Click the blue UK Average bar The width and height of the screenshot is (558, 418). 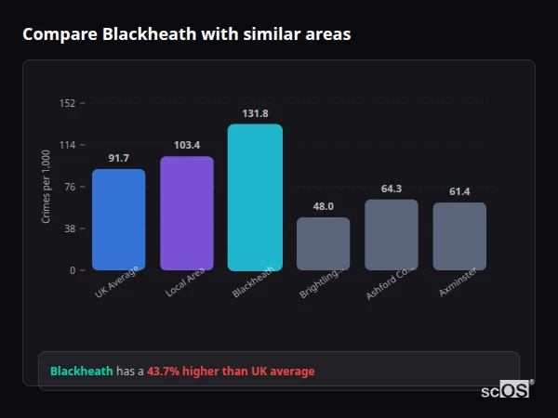[x=118, y=219]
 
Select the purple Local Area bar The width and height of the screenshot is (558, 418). [x=187, y=213]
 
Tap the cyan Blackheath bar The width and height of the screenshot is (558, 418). [x=255, y=197]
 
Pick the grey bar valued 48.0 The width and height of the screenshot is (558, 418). [x=324, y=243]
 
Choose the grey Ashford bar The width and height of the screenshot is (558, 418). [x=392, y=234]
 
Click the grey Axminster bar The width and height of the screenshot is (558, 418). [x=459, y=236]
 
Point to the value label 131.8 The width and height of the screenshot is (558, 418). [x=255, y=113]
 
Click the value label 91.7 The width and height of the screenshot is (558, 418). [x=118, y=158]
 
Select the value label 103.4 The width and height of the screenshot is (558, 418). [x=187, y=145]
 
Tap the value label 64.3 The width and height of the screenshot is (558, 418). [x=392, y=189]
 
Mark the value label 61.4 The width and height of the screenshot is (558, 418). [x=459, y=191]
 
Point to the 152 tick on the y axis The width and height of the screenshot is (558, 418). [x=67, y=103]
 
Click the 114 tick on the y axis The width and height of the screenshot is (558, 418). [x=67, y=145]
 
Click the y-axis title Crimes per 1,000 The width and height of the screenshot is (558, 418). [x=46, y=187]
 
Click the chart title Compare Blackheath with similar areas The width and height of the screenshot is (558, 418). [x=186, y=34]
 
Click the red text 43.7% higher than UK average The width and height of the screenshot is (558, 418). [x=231, y=371]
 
